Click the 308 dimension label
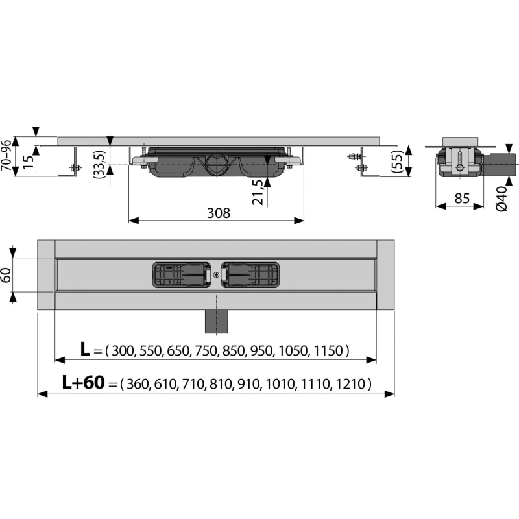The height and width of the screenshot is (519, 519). click(219, 213)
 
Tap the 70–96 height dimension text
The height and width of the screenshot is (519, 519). click(6, 156)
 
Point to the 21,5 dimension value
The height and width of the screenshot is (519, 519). click(258, 192)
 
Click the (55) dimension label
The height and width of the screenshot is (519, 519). click(396, 161)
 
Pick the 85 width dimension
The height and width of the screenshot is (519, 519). click(462, 199)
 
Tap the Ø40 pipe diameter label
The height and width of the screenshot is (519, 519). click(501, 199)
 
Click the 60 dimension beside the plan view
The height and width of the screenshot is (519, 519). click(6, 275)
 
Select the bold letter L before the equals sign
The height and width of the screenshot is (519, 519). click(85, 349)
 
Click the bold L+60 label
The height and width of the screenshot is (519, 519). click(84, 382)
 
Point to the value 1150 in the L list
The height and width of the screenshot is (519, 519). click(327, 350)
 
